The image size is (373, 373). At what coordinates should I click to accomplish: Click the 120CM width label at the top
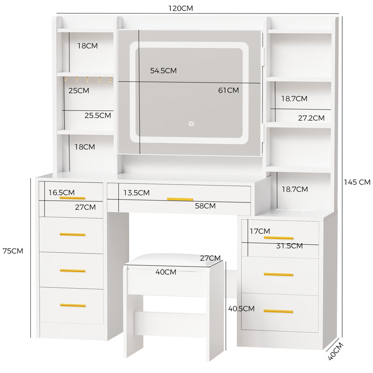180,8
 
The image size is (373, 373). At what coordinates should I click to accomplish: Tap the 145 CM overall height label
357,182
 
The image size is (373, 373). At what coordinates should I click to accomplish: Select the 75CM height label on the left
13,251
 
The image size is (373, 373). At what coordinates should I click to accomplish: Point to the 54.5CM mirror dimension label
164,71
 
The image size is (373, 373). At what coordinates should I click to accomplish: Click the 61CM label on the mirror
228,90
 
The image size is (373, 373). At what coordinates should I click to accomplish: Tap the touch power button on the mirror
191,124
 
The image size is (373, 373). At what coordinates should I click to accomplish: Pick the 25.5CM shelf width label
98,115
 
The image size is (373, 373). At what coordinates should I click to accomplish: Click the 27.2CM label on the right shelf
311,118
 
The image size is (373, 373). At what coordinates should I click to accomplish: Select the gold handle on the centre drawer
180,199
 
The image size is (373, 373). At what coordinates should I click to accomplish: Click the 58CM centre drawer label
205,206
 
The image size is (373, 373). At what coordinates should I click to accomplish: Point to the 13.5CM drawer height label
137,193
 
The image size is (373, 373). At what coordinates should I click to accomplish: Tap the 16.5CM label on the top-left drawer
62,193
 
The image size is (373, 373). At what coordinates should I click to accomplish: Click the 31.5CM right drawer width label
290,246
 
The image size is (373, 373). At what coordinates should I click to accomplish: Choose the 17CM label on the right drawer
260,231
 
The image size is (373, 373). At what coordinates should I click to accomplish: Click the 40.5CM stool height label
241,309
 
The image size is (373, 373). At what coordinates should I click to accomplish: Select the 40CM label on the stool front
166,272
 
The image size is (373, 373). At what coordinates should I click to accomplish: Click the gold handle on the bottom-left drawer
73,305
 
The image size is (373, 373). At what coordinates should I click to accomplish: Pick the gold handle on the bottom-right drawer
278,311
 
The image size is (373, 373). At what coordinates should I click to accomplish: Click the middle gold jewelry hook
88,79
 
